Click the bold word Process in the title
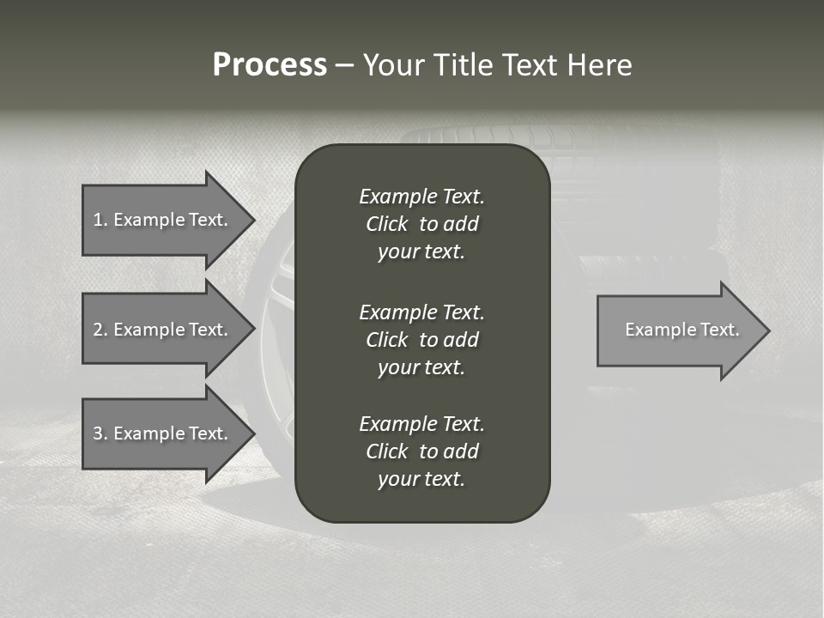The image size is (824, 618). [270, 65]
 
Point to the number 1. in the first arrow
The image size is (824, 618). [100, 220]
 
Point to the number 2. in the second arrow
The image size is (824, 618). [100, 330]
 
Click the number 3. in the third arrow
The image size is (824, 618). [100, 433]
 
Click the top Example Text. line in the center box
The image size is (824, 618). [421, 197]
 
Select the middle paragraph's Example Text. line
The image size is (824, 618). [421, 312]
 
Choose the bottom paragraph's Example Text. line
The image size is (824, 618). [421, 424]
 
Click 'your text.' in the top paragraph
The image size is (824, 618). [421, 252]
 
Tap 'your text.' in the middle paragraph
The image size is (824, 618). [421, 367]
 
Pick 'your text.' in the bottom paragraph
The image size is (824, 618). [421, 480]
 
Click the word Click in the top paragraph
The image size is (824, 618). [386, 224]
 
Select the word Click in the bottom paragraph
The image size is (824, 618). [386, 451]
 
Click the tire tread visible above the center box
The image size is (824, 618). [481, 136]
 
